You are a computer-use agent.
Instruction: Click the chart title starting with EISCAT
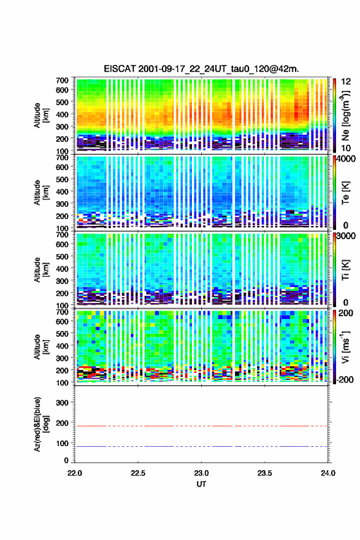(201, 69)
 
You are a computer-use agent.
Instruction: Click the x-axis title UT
(201, 484)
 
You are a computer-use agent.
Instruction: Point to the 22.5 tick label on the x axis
(138, 473)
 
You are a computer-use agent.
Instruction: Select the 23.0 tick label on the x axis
(201, 473)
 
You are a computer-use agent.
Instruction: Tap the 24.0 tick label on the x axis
(327, 473)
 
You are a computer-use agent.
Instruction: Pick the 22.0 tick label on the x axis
(75, 473)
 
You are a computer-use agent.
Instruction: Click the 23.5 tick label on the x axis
(264, 473)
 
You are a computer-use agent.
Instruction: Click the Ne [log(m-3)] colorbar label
(346, 115)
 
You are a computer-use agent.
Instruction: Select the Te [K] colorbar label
(345, 193)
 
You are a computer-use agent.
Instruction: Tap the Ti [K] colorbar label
(345, 270)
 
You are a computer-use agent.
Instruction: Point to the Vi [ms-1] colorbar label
(345, 347)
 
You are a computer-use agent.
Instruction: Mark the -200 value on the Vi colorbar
(345, 379)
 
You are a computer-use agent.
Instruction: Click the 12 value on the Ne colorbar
(346, 82)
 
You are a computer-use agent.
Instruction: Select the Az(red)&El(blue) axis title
(40, 424)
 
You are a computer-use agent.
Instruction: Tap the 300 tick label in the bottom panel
(62, 403)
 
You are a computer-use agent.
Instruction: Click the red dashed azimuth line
(201, 426)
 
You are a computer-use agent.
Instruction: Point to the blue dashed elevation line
(201, 446)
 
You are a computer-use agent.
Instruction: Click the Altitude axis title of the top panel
(41, 115)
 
